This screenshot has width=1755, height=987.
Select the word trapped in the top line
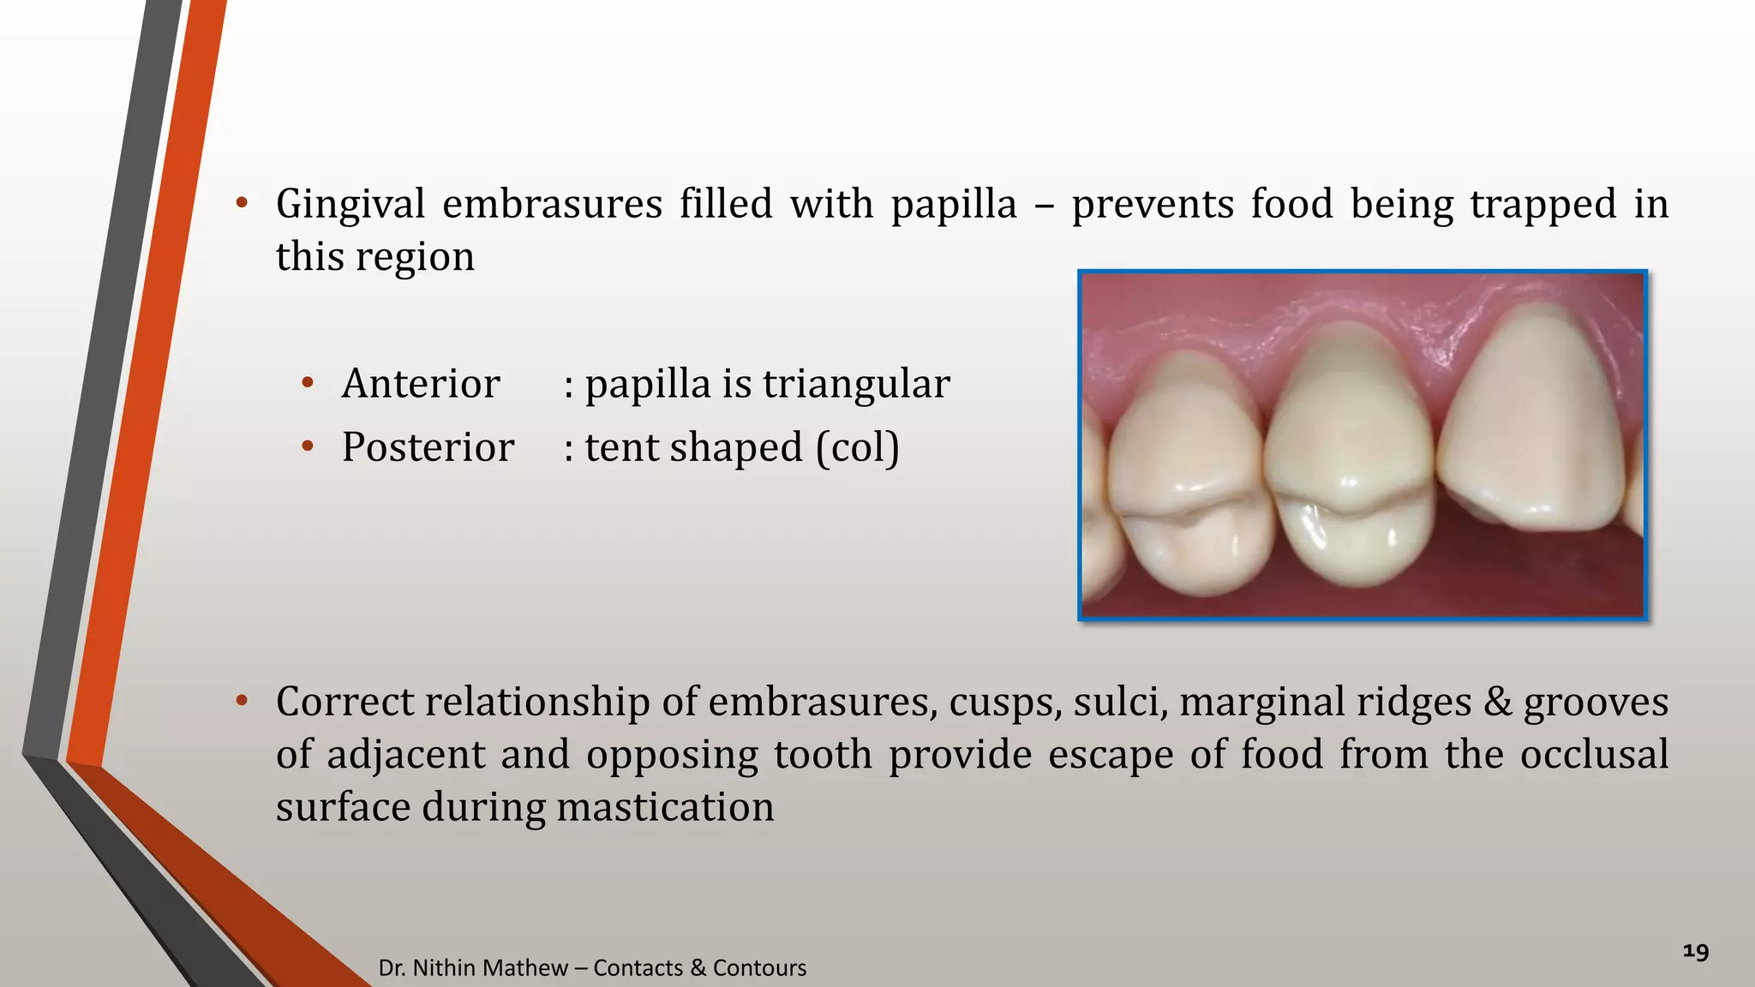click(1542, 205)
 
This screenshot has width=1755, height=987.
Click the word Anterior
click(420, 383)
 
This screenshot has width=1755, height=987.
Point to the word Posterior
click(428, 447)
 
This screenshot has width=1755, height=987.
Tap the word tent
click(621, 447)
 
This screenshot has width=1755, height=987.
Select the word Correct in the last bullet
click(344, 702)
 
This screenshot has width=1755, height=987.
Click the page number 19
click(1696, 952)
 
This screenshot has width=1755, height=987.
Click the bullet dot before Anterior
click(308, 382)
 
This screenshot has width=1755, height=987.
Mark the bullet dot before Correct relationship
click(242, 701)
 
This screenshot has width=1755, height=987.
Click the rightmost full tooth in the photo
click(1530, 428)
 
